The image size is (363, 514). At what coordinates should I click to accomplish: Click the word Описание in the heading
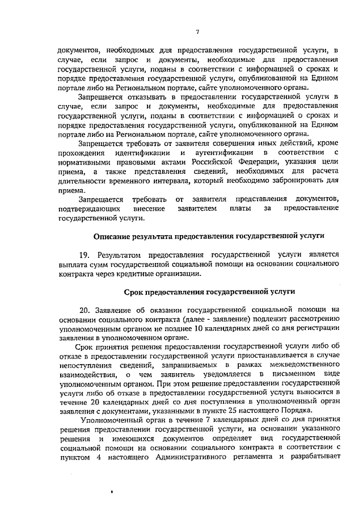click(112, 235)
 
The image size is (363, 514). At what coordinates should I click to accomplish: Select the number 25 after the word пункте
click(256, 411)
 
